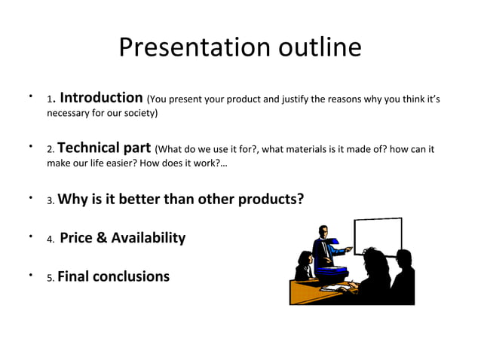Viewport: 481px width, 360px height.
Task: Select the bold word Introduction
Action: (101, 98)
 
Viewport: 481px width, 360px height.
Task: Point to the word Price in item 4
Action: (75, 238)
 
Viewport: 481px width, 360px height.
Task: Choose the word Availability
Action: (148, 238)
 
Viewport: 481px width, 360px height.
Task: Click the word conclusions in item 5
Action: (131, 276)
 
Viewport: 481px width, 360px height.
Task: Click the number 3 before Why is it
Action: (50, 201)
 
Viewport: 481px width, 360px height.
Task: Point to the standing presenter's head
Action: (323, 230)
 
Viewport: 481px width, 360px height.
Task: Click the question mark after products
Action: (300, 200)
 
